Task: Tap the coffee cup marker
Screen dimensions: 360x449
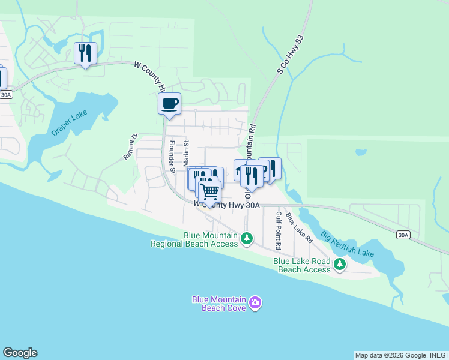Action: tap(169, 104)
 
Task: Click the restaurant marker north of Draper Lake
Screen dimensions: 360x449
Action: tap(85, 53)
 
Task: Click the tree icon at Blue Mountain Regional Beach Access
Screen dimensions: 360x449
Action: tap(246, 239)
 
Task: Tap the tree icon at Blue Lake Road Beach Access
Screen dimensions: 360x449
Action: tap(340, 265)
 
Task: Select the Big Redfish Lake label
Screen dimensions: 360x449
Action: tap(346, 244)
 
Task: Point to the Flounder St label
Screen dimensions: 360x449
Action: tap(172, 157)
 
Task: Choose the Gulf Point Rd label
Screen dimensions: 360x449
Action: tap(279, 230)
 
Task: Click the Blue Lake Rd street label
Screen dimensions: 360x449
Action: tap(299, 227)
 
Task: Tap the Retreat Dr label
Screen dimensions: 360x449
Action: tap(131, 146)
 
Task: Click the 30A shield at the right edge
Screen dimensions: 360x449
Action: tap(402, 235)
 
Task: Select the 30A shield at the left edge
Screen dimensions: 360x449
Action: tap(5, 95)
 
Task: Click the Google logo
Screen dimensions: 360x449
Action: tap(20, 353)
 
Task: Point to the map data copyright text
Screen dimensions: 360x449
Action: tap(400, 355)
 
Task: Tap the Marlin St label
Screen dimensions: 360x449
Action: tap(187, 154)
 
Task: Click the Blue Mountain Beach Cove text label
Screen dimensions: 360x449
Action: tap(218, 304)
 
